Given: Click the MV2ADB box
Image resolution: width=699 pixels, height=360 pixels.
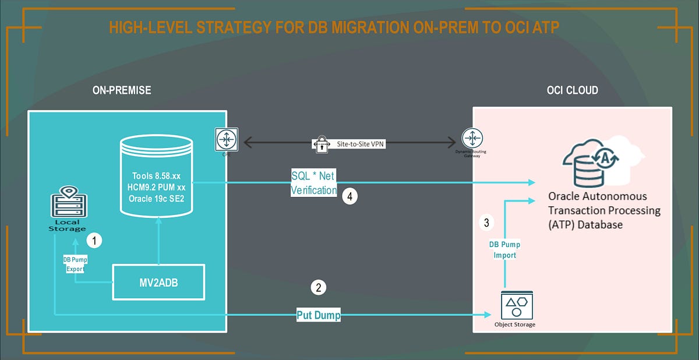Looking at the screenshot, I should [x=158, y=283].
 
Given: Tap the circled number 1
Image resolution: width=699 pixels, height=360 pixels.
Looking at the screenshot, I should [x=94, y=239].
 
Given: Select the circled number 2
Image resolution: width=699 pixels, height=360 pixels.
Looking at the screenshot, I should [x=317, y=287].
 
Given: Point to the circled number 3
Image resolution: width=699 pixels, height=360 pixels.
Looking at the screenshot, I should [x=487, y=222].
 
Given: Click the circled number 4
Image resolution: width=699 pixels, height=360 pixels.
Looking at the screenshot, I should [x=350, y=197].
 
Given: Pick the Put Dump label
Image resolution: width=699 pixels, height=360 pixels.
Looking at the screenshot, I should [x=318, y=315].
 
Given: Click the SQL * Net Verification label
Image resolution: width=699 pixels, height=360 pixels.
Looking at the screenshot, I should [x=314, y=182].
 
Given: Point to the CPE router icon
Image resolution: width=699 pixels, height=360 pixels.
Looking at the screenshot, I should [x=224, y=139].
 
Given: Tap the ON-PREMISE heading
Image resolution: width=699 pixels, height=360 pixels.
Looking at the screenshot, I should [x=121, y=91].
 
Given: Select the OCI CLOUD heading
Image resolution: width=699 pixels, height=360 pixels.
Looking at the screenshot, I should [x=573, y=91].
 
